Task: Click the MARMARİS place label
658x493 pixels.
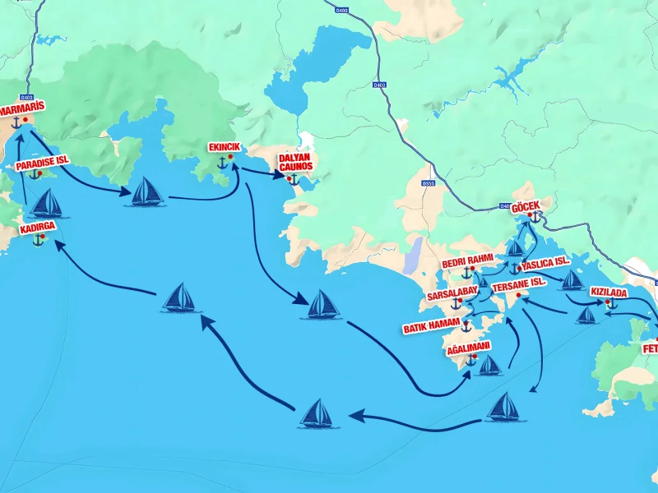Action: pyautogui.click(x=21, y=108)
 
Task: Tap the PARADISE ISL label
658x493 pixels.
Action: pyautogui.click(x=47, y=163)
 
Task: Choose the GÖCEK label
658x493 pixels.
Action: pyautogui.click(x=527, y=207)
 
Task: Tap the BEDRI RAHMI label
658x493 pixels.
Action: pyautogui.click(x=467, y=262)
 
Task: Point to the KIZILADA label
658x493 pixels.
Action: pyautogui.click(x=609, y=292)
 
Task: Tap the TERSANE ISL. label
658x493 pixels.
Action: pyautogui.click(x=520, y=282)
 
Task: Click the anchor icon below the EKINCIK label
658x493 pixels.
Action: pyautogui.click(x=221, y=162)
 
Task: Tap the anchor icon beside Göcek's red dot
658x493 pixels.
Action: pyautogui.click(x=534, y=218)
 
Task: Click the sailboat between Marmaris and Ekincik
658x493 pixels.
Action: pyautogui.click(x=146, y=192)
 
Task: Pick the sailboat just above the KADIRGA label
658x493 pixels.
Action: pyautogui.click(x=47, y=203)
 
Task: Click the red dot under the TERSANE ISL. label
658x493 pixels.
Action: pyautogui.click(x=518, y=294)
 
